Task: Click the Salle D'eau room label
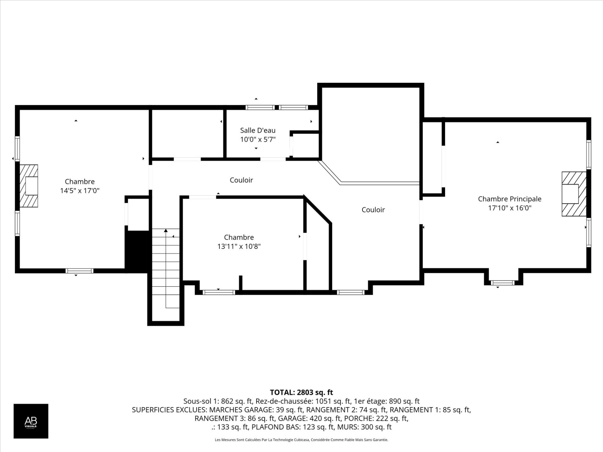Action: [x=258, y=130]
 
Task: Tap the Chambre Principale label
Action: [x=509, y=199]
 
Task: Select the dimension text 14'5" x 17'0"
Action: [x=80, y=191]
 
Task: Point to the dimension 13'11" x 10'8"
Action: [x=239, y=246]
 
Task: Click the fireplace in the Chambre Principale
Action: [x=573, y=194]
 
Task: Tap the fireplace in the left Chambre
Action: [x=29, y=186]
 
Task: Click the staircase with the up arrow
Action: [x=166, y=270]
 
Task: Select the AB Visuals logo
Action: [x=31, y=421]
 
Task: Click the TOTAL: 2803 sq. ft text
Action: [x=301, y=392]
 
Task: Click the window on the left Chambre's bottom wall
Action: [x=79, y=271]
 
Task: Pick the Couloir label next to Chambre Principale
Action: [x=373, y=210]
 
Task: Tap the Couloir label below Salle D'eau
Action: [x=241, y=180]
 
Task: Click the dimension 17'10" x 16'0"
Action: [x=509, y=208]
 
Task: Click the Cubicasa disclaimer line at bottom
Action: [x=301, y=440]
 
